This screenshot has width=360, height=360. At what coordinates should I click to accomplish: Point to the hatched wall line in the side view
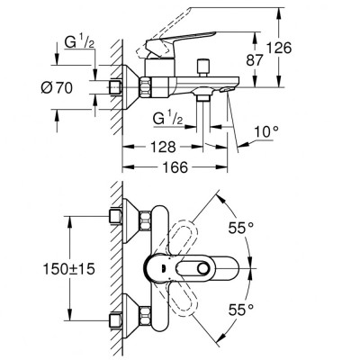(117, 108)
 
